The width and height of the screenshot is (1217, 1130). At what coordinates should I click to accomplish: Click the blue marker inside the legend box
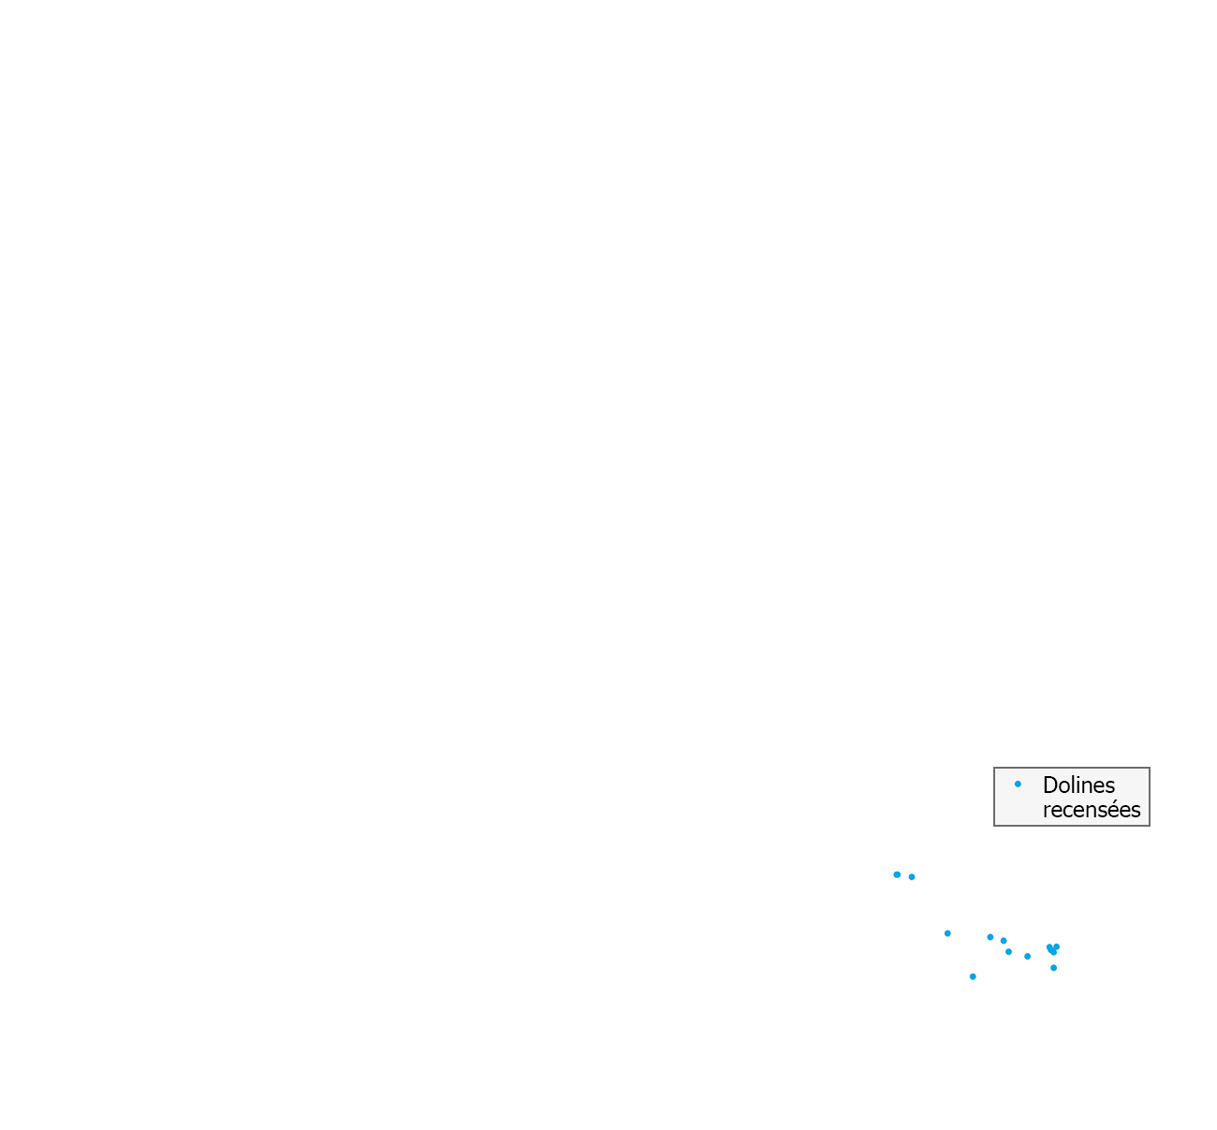click(x=1018, y=784)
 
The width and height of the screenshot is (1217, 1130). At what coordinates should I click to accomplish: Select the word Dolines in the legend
click(x=1078, y=785)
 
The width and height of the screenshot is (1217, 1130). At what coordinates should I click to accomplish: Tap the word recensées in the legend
click(x=1092, y=810)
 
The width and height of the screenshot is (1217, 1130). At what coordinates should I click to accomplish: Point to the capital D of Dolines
click(x=1050, y=785)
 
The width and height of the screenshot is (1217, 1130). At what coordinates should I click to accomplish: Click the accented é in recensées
click(x=1115, y=809)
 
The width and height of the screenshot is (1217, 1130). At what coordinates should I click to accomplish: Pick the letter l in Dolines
click(x=1075, y=785)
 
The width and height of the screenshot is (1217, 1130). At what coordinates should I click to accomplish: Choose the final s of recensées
click(x=1136, y=812)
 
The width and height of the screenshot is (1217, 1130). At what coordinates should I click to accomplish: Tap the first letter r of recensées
click(x=1048, y=812)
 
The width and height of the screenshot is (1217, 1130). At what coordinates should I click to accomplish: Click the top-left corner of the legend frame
click(x=994, y=768)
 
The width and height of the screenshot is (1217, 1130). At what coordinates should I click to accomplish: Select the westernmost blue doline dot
click(x=897, y=875)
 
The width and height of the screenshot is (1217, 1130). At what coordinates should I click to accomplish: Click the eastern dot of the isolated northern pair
click(x=912, y=877)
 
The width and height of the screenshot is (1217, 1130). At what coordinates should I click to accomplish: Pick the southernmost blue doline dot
click(x=973, y=976)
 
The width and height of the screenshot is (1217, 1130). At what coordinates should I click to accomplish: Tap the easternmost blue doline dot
click(x=1056, y=947)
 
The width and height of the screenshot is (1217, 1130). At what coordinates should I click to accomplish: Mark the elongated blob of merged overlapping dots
click(x=1052, y=949)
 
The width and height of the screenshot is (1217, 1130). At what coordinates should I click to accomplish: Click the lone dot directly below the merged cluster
click(x=1053, y=968)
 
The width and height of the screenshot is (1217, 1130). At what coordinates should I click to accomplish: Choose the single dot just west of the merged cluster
click(x=1028, y=957)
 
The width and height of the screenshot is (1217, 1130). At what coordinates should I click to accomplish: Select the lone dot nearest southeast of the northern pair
click(x=947, y=933)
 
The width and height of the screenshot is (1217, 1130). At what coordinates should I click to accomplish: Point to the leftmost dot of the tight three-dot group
click(x=990, y=937)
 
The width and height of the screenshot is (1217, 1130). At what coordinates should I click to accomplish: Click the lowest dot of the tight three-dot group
click(x=1008, y=952)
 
